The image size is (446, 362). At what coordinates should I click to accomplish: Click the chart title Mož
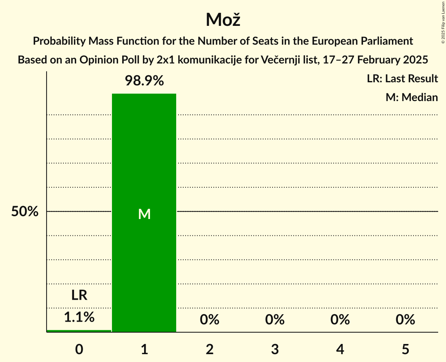coord(223,20)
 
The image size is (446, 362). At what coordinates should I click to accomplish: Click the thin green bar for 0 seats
coord(79,331)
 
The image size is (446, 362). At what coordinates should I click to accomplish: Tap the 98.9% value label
coord(144,81)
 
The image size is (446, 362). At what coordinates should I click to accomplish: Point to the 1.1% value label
coord(79,317)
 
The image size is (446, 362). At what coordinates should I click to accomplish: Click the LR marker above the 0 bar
coord(79,295)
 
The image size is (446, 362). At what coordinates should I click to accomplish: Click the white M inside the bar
coord(144,214)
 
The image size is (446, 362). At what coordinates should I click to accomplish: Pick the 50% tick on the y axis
coord(25,212)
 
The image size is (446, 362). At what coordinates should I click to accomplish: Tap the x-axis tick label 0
coord(79,349)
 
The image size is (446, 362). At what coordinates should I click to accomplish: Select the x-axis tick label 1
coord(144,349)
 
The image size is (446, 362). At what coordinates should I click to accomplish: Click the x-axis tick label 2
coord(209,349)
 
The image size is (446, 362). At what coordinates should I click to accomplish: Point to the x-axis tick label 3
coord(274,349)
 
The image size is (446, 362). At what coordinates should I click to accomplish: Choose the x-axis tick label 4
coord(340,349)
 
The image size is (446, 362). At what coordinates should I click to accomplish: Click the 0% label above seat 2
coord(209,320)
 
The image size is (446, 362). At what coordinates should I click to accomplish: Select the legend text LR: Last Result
coord(402,79)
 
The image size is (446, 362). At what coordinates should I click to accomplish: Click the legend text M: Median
coord(412,97)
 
